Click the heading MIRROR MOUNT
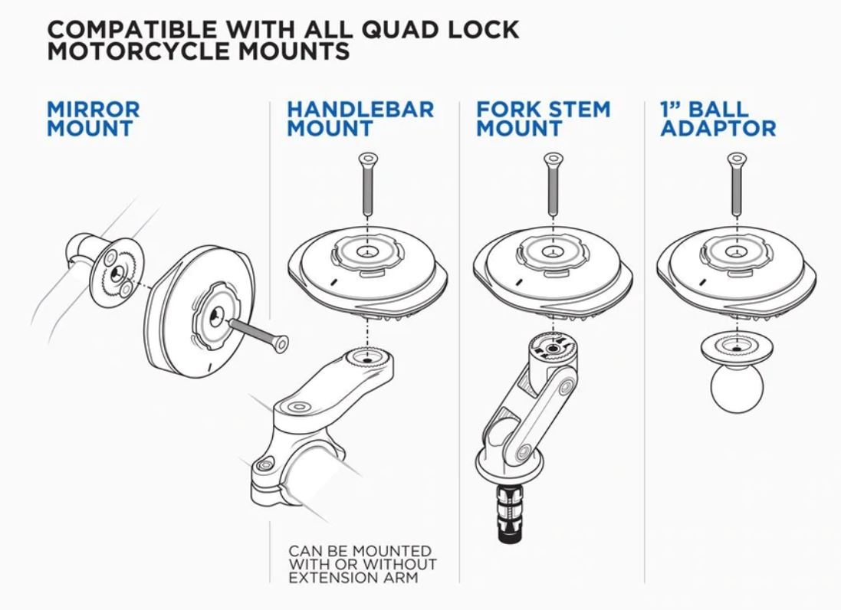[x=93, y=119]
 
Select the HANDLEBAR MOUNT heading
[x=360, y=119]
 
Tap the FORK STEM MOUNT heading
[x=543, y=119]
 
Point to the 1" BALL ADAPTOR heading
[x=718, y=119]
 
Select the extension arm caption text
[x=362, y=564]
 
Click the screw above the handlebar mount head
[x=366, y=184]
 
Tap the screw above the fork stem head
[x=550, y=184]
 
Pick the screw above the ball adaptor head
[x=735, y=184]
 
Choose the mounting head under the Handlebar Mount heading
[x=366, y=268]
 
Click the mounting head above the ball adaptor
[x=735, y=268]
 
